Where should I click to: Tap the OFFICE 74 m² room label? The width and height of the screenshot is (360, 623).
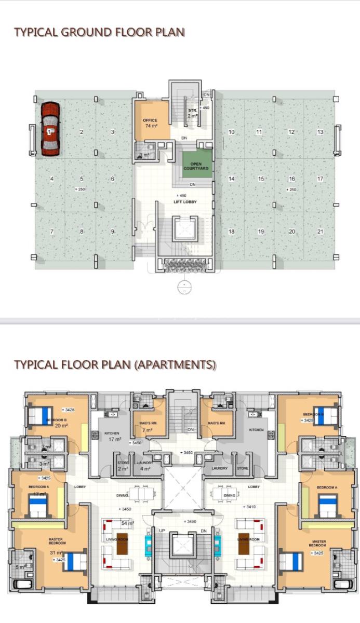click(150, 123)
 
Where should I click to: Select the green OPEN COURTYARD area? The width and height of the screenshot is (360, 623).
click(196, 166)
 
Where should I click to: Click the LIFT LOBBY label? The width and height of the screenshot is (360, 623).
click(185, 201)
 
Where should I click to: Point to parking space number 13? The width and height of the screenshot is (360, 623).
click(320, 132)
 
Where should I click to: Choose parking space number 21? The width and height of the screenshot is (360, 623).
click(320, 232)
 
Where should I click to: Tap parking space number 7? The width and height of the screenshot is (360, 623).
click(52, 232)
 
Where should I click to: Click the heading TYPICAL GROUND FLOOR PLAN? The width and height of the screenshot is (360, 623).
click(99, 32)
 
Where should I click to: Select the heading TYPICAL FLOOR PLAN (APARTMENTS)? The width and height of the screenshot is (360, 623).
click(115, 364)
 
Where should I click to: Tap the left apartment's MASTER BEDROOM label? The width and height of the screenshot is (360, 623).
click(56, 541)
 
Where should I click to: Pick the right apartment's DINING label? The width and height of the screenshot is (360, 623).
click(229, 496)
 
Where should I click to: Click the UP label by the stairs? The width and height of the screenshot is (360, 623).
click(162, 531)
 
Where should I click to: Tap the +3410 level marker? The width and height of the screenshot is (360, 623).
click(250, 507)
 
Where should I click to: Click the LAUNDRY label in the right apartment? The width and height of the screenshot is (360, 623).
click(219, 468)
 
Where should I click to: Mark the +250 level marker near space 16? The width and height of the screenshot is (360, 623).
click(291, 189)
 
